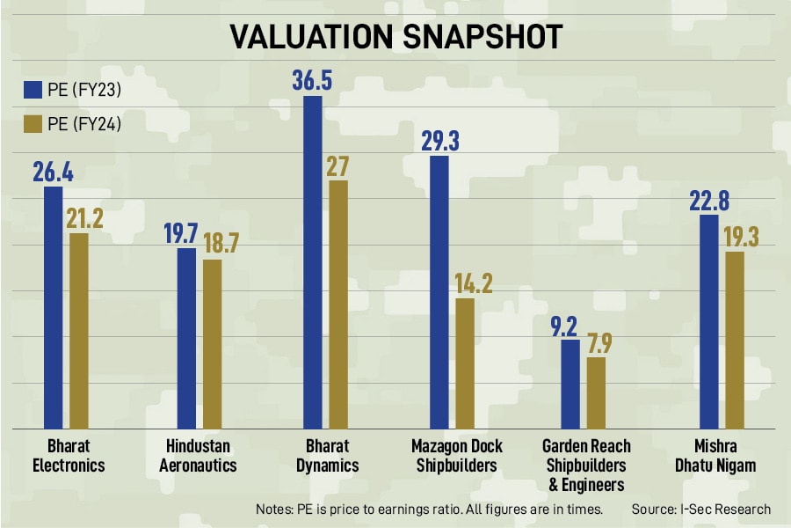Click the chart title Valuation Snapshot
tap(395, 36)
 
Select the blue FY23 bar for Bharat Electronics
tap(53, 308)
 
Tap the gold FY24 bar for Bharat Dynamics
tap(338, 304)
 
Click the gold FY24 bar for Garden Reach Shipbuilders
tap(596, 392)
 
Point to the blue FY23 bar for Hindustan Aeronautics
tap(186, 338)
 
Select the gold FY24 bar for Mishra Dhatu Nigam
tap(735, 340)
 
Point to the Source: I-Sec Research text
tap(700, 509)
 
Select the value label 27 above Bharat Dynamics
tap(338, 166)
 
